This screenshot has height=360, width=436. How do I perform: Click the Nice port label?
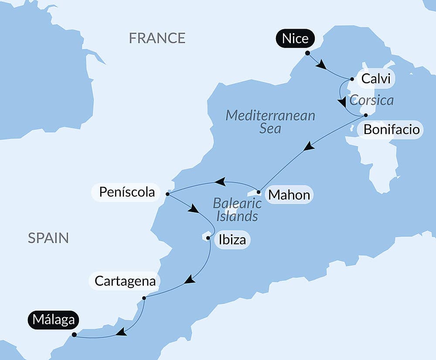click(x=295, y=38)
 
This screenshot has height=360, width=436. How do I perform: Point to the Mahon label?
click(x=289, y=195)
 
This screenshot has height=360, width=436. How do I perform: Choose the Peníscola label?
click(x=127, y=192)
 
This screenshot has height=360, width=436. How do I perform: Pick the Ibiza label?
click(x=232, y=240)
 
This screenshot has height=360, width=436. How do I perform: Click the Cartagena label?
click(x=125, y=281)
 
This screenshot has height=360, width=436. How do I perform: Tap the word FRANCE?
click(x=157, y=38)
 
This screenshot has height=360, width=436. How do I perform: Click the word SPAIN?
click(x=48, y=238)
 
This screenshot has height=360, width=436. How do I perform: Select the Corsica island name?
click(x=371, y=100)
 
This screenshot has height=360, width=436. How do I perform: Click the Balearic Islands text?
click(x=237, y=209)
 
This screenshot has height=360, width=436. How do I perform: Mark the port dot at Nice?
click(x=307, y=53)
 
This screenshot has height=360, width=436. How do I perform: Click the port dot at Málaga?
click(x=74, y=335)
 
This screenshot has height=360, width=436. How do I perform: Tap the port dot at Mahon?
click(x=259, y=192)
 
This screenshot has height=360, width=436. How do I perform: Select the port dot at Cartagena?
click(x=144, y=298)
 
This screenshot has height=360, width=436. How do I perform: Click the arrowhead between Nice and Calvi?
click(x=321, y=65)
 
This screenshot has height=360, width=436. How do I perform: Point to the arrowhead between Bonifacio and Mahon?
click(x=309, y=146)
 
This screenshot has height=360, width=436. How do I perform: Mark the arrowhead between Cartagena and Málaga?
click(x=121, y=333)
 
